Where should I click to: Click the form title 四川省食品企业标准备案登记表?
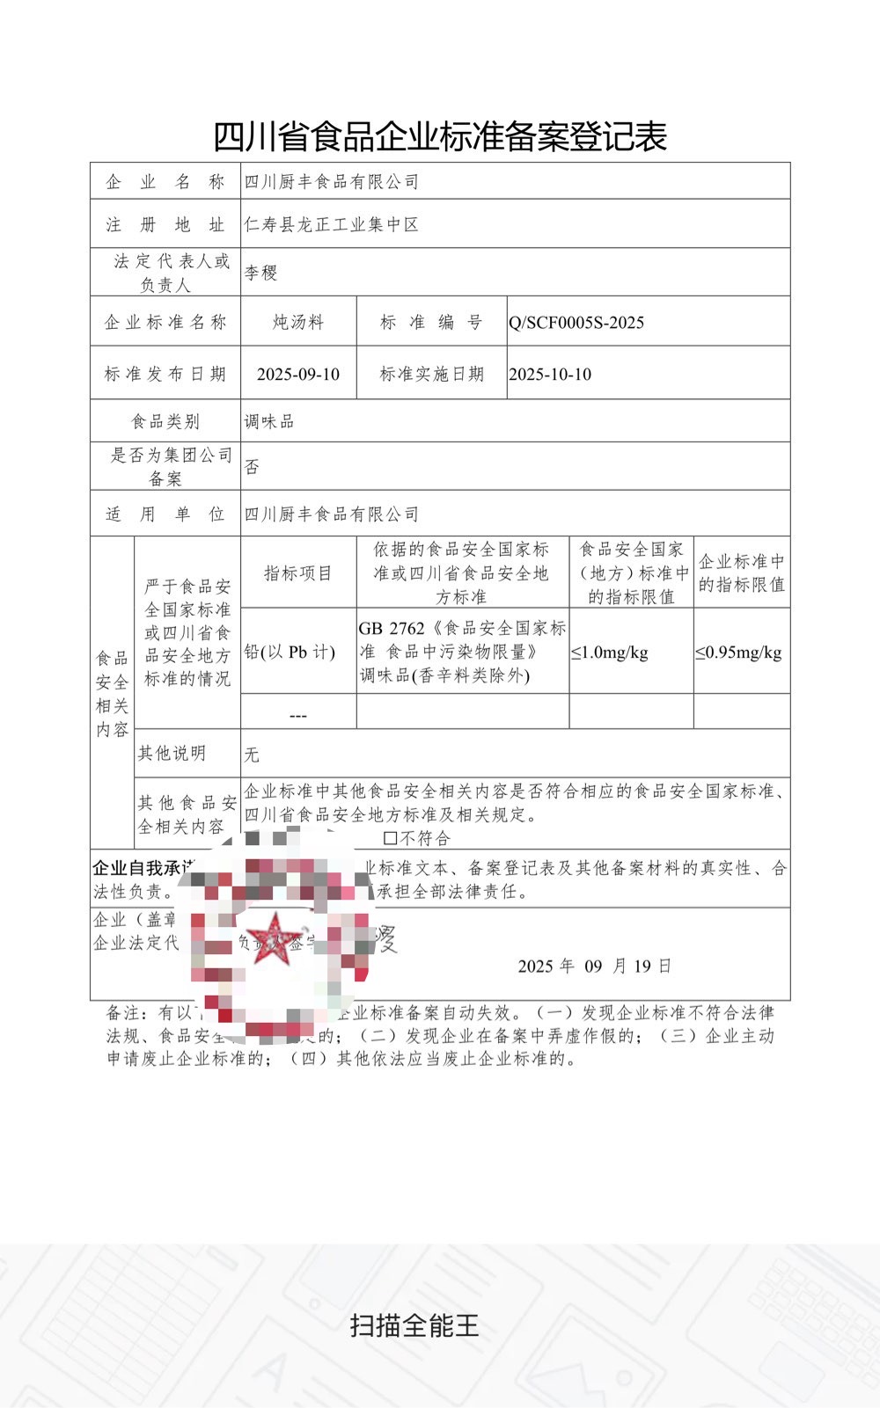[440, 136]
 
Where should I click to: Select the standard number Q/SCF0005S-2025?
[576, 323]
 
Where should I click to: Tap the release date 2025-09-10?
[298, 375]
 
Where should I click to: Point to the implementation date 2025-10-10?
[550, 375]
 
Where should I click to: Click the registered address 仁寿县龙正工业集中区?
[331, 225]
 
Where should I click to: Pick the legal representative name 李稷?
[260, 273]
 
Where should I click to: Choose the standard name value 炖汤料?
[298, 323]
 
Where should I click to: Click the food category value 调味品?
[269, 422]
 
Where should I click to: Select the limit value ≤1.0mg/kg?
[610, 653]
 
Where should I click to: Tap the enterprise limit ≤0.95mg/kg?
[738, 653]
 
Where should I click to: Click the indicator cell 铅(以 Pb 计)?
[290, 653]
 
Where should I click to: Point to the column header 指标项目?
[298, 573]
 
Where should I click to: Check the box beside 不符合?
[390, 838]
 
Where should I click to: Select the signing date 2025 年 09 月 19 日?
[594, 967]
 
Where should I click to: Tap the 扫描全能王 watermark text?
[414, 1325]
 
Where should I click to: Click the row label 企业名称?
[165, 182]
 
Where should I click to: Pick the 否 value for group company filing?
[253, 467]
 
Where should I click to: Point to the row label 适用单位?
[165, 514]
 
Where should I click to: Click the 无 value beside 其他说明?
[253, 755]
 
